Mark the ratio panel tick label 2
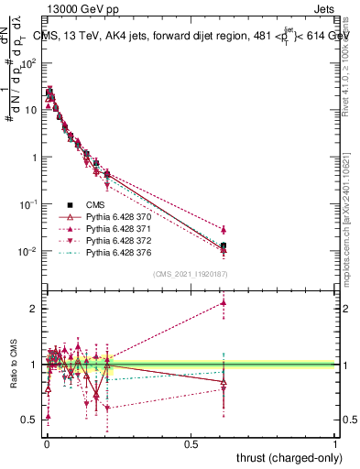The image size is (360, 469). click(x=35, y=309)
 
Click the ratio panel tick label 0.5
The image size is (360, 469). click(x=30, y=420)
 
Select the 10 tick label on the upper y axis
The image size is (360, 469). click(x=30, y=110)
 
